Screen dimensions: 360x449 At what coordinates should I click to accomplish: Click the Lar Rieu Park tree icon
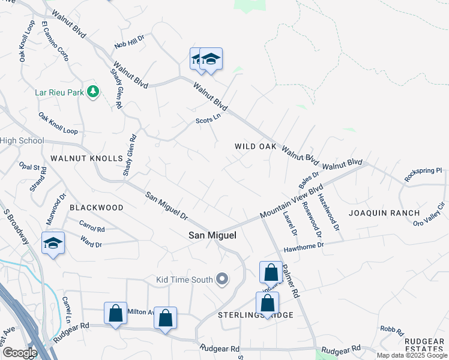[x=92, y=91]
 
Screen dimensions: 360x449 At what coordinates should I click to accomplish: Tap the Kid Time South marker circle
[x=223, y=278]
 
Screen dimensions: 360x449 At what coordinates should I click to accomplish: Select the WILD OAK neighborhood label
[x=255, y=146]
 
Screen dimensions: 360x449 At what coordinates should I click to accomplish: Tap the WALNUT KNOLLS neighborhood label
[x=86, y=158]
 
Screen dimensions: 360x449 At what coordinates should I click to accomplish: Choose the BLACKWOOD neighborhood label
[x=97, y=208]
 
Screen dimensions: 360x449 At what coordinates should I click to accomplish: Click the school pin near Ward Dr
[x=53, y=243]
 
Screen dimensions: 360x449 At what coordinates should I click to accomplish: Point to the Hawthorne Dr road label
[x=304, y=245]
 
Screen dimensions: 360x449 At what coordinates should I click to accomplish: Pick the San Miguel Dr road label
[x=167, y=205]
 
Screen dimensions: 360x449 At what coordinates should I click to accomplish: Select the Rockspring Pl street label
[x=423, y=171]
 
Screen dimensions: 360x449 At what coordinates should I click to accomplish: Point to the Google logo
[x=19, y=353]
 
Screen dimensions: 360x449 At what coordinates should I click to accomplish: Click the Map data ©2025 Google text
[x=412, y=355]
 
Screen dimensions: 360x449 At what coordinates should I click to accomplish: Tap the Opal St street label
[x=28, y=166]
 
